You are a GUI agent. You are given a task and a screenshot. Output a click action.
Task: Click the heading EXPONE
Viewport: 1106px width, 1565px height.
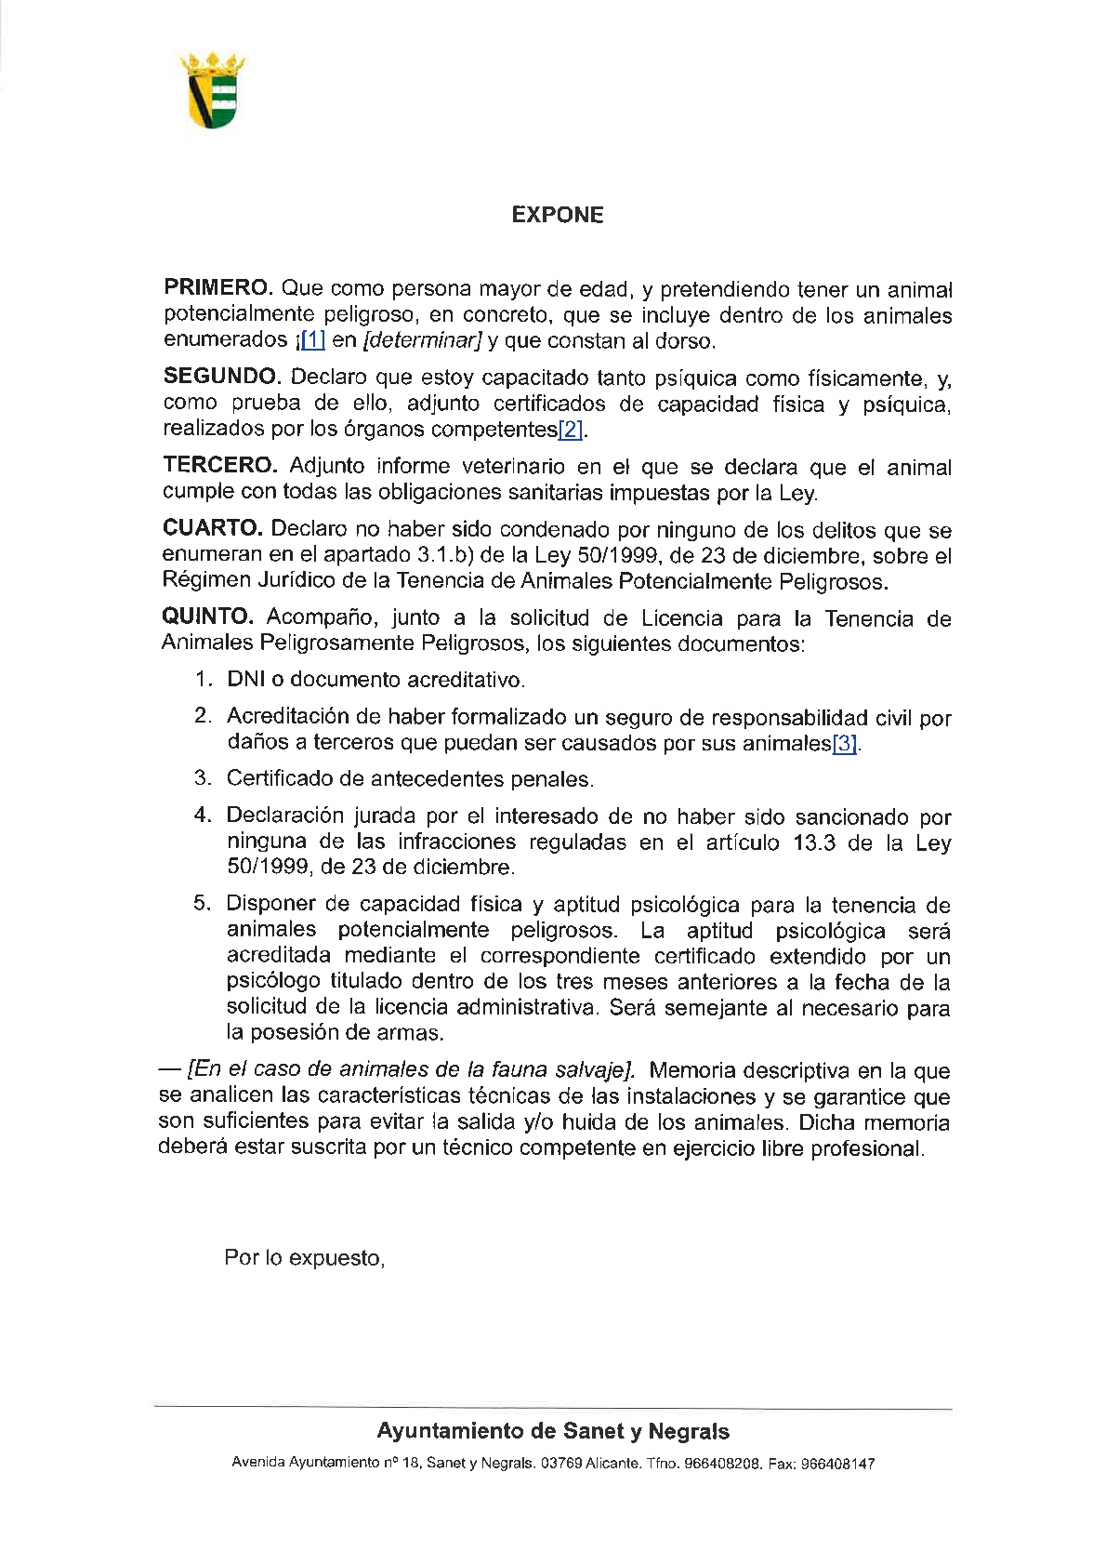(x=558, y=215)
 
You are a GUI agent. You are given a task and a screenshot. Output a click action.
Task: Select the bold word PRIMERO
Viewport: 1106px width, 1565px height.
(x=217, y=289)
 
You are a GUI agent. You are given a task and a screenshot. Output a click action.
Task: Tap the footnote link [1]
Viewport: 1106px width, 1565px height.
(x=312, y=341)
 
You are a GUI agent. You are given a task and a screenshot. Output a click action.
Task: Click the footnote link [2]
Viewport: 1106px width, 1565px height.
(x=570, y=430)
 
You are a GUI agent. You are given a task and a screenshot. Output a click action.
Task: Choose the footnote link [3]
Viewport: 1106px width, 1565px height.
(x=844, y=744)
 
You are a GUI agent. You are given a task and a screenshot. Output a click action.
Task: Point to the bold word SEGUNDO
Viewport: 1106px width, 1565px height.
(x=221, y=377)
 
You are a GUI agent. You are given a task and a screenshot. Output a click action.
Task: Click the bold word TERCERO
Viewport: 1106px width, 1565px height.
(x=220, y=465)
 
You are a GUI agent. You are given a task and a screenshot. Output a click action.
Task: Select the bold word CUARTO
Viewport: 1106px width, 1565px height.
(x=213, y=528)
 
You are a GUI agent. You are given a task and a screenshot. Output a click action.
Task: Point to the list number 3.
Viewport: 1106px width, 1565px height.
(x=201, y=778)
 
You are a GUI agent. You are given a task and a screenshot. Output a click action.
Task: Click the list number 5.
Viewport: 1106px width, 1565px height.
(x=201, y=904)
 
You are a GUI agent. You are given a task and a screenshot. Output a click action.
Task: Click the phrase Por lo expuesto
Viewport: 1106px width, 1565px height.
(x=304, y=1258)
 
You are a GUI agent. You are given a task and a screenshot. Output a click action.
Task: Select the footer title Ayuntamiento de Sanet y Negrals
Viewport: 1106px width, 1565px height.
(x=553, y=1431)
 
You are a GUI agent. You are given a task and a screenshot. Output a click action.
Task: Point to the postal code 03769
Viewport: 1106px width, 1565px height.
(x=561, y=1464)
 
